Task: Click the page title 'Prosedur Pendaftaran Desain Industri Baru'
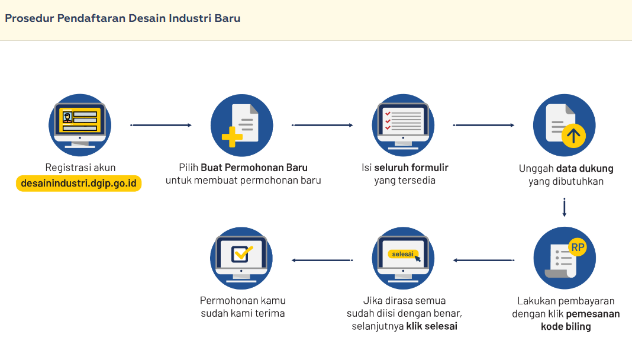click(x=122, y=18)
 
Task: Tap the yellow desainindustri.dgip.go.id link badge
click(x=79, y=184)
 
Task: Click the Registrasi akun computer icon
click(x=80, y=125)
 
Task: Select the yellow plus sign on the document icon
click(x=232, y=137)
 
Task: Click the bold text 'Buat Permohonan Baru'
click(x=254, y=168)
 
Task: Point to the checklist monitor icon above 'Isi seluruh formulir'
click(x=403, y=125)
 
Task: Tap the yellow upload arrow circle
click(x=573, y=136)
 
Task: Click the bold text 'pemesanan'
click(x=593, y=314)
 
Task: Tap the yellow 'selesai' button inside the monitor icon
click(x=402, y=254)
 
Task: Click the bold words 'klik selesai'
click(x=431, y=326)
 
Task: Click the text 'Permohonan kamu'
click(x=243, y=300)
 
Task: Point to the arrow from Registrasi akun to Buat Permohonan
click(x=161, y=126)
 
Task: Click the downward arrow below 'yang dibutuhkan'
click(x=565, y=207)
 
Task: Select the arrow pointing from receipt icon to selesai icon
click(x=483, y=260)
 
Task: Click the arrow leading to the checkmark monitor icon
click(x=322, y=260)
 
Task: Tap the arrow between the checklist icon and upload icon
click(x=484, y=126)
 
